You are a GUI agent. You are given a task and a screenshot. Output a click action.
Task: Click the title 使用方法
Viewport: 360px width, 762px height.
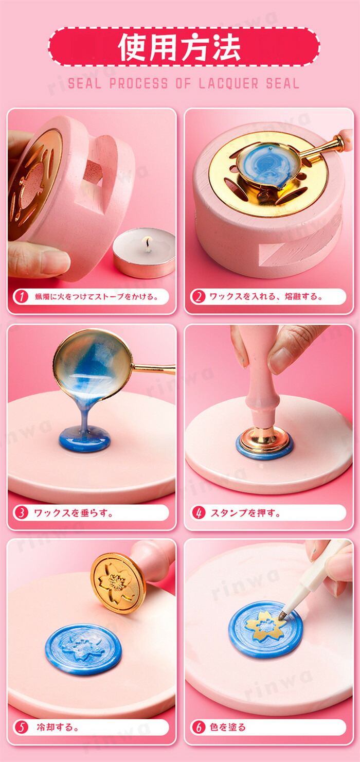(179, 47)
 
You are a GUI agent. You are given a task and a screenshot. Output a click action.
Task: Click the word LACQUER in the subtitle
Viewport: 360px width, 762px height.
(228, 84)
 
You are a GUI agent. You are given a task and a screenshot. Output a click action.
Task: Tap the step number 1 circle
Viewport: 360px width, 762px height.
(22, 297)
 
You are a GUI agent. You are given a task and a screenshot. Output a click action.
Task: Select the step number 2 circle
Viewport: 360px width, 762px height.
(198, 297)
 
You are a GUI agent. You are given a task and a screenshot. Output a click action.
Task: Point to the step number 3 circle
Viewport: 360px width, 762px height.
(22, 512)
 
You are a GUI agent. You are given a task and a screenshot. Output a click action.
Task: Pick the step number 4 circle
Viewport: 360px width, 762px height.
(198, 512)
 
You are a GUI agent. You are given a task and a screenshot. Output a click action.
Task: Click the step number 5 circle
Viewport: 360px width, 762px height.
(22, 728)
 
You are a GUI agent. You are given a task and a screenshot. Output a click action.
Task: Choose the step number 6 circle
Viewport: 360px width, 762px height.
(198, 728)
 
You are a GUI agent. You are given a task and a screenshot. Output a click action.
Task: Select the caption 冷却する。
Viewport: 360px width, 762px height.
(58, 728)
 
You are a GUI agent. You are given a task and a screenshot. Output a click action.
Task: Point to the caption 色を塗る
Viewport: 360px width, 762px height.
(227, 728)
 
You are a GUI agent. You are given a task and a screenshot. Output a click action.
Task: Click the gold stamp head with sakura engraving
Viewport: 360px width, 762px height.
(118, 583)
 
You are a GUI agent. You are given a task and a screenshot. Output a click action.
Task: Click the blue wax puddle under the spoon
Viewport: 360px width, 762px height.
(85, 439)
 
